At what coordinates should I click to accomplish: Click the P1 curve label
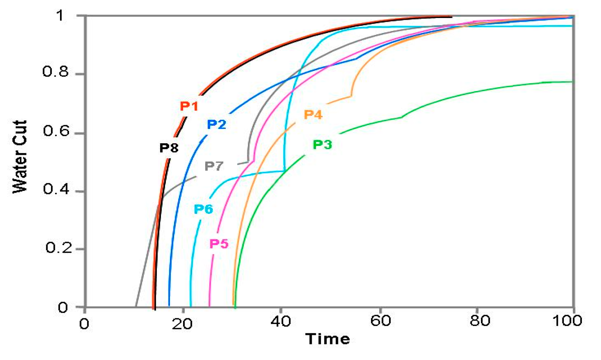[x=189, y=106]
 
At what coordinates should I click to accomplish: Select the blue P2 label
[x=216, y=124]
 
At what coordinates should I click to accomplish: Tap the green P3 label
[x=322, y=144]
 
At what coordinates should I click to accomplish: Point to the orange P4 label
[x=313, y=114]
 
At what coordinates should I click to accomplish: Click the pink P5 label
[x=219, y=244]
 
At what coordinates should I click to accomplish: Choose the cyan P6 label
[x=203, y=209]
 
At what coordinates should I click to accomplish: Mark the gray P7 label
[x=214, y=166]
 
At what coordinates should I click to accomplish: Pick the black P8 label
[x=169, y=148]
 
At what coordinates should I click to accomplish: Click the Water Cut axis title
[x=20, y=157]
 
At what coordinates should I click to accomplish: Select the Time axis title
[x=328, y=339]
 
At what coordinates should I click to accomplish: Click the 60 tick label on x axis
[x=380, y=321]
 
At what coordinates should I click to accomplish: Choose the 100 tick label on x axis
[x=567, y=321]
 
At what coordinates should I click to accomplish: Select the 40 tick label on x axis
[x=281, y=321]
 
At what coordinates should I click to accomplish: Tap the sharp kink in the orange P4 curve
[x=351, y=96]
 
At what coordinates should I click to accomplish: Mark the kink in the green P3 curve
[x=402, y=117]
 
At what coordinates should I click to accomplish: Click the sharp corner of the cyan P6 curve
[x=285, y=171]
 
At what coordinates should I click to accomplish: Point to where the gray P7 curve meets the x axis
[x=135, y=307]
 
